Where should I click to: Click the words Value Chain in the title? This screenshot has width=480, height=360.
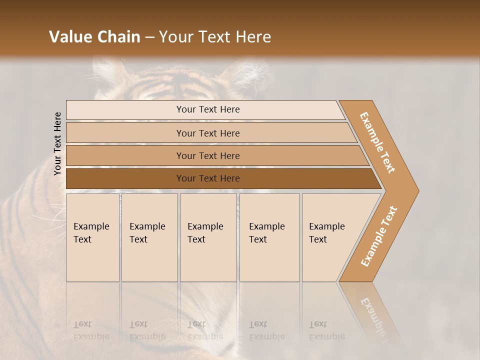click(x=94, y=37)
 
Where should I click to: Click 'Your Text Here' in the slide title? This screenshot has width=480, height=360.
click(x=215, y=37)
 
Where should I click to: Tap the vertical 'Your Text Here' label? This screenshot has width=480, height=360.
click(x=57, y=143)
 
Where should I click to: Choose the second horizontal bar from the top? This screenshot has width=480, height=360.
click(x=207, y=133)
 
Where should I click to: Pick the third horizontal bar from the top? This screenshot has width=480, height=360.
click(x=207, y=155)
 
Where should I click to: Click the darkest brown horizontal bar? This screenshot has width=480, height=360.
click(x=207, y=178)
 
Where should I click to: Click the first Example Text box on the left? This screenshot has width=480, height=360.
click(x=92, y=237)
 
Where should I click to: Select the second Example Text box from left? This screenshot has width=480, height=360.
click(x=149, y=237)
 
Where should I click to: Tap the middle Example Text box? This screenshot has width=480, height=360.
click(x=207, y=237)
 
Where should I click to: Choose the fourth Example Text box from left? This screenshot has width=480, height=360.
click(x=269, y=237)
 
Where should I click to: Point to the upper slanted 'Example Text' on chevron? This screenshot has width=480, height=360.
click(x=377, y=142)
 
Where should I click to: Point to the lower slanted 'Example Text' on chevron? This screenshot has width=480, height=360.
click(x=379, y=236)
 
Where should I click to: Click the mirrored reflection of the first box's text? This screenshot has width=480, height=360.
click(x=91, y=330)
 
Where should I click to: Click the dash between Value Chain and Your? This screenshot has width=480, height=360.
click(x=149, y=37)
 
